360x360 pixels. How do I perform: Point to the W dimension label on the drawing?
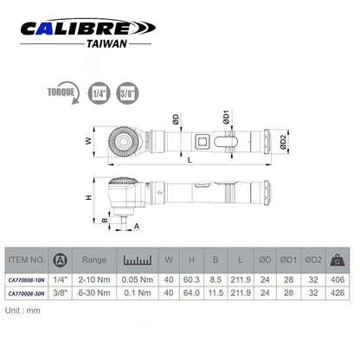[87, 140]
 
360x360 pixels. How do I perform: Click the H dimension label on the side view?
[88, 198]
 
